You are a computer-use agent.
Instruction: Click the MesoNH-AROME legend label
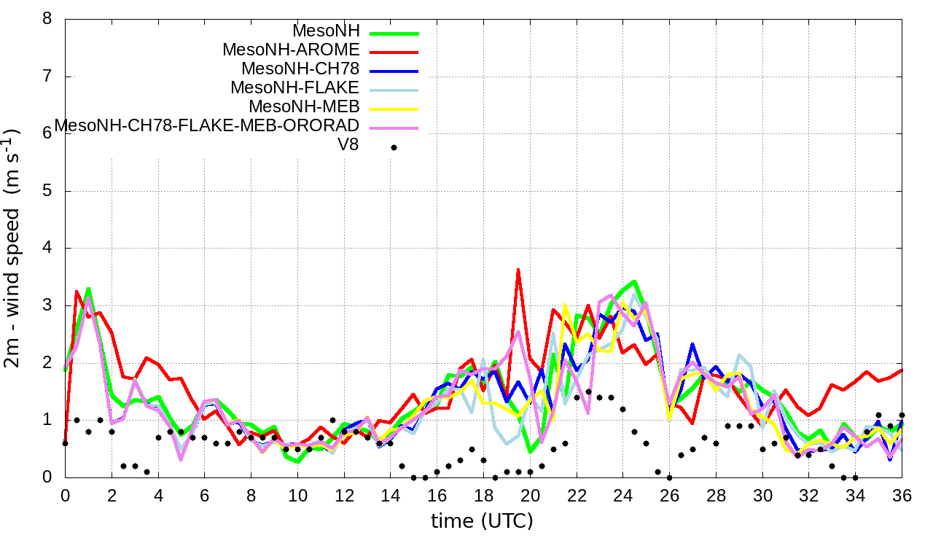(x=291, y=50)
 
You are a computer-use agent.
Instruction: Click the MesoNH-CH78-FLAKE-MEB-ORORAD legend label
(x=207, y=125)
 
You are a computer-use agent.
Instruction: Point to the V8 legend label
(x=348, y=145)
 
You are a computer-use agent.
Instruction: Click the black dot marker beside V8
(x=394, y=147)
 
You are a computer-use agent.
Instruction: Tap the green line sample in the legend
(x=394, y=33)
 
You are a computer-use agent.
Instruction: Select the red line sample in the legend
(x=394, y=52)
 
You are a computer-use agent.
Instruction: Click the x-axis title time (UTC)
(x=482, y=521)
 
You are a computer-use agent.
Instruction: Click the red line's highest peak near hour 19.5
(x=518, y=270)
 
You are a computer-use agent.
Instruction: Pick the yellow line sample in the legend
(x=394, y=109)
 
